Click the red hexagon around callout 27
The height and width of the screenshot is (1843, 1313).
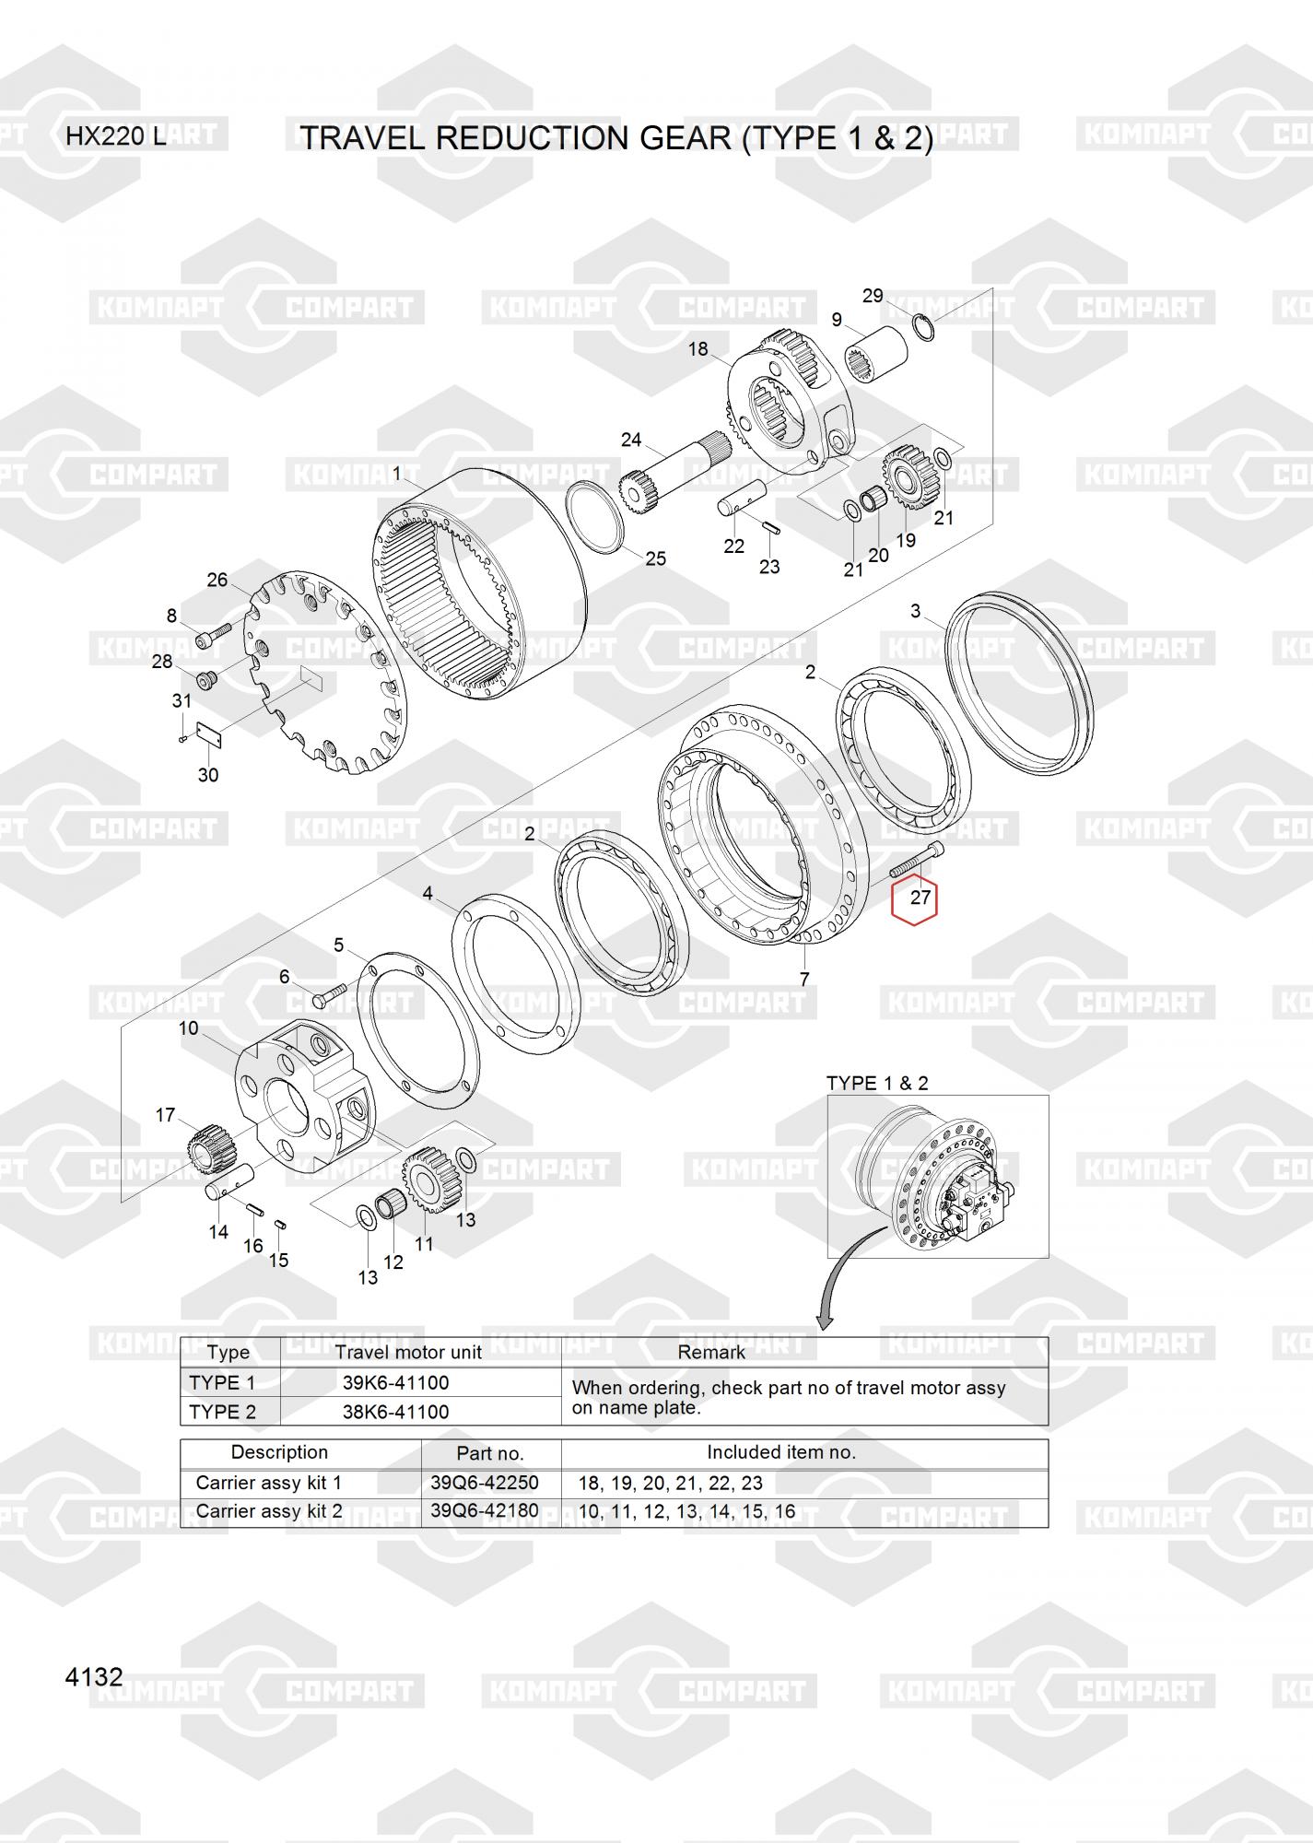coord(914,902)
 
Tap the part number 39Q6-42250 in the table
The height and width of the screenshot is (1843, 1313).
coord(485,1483)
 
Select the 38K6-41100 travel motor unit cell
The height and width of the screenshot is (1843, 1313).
coord(396,1412)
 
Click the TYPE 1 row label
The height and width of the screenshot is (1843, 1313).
coord(222,1382)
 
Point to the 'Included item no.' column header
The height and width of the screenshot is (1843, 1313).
coord(781,1452)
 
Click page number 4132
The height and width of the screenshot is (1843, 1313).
coord(94,1676)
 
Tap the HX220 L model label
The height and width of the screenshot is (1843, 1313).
coord(116,137)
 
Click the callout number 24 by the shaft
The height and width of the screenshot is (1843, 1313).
coord(631,440)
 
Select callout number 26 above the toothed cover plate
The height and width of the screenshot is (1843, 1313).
coord(217,580)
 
